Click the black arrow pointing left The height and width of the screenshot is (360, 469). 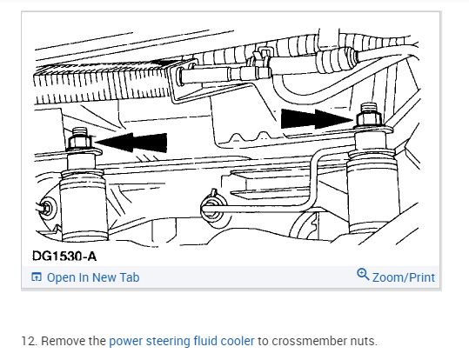(131, 143)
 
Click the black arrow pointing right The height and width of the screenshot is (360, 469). (317, 119)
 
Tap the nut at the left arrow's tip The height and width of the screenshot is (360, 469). (79, 142)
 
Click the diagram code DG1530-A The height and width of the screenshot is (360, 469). (64, 257)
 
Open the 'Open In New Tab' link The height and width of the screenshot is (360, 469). (93, 277)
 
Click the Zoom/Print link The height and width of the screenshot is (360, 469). (404, 277)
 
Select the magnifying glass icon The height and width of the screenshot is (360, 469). (363, 274)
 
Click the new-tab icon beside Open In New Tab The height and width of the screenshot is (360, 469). (37, 277)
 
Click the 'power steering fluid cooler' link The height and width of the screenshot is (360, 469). (182, 341)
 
